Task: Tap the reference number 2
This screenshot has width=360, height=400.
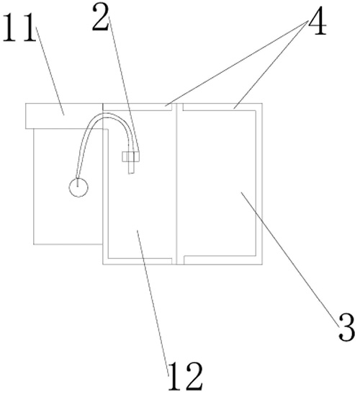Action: point(101,17)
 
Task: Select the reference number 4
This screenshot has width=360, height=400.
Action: point(318,21)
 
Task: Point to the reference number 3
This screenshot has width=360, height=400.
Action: point(347,328)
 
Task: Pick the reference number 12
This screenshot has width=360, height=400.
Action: point(186,376)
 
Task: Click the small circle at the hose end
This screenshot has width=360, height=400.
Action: point(78,187)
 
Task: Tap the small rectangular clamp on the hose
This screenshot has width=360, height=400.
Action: point(131,156)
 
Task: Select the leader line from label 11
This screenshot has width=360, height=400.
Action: point(50,71)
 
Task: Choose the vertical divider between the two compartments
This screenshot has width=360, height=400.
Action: point(177,184)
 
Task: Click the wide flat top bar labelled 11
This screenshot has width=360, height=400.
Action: point(63,116)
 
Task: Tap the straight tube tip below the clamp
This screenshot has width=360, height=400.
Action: point(131,168)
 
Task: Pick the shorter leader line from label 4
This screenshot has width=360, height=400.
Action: point(271,65)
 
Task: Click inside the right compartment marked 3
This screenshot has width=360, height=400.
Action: point(220,183)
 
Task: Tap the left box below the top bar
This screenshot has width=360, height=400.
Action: point(68,187)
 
